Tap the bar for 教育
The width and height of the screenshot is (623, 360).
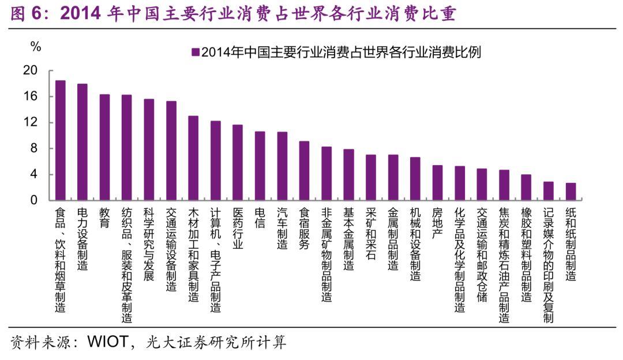[x=104, y=147]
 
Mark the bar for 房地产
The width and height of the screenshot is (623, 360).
[x=437, y=183]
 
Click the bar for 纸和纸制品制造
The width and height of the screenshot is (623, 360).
[x=571, y=192]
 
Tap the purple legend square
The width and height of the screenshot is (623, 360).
[x=196, y=52]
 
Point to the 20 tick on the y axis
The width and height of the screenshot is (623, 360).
[x=31, y=70]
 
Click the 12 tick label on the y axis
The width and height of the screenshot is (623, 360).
[x=31, y=122]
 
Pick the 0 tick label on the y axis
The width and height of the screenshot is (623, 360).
[x=34, y=200]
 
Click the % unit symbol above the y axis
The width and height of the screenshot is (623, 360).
[x=36, y=47]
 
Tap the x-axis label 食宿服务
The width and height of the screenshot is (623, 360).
[x=304, y=228]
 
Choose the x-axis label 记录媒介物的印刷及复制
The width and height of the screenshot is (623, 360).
[x=548, y=265]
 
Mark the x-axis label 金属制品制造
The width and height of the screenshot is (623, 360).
[x=393, y=239]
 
